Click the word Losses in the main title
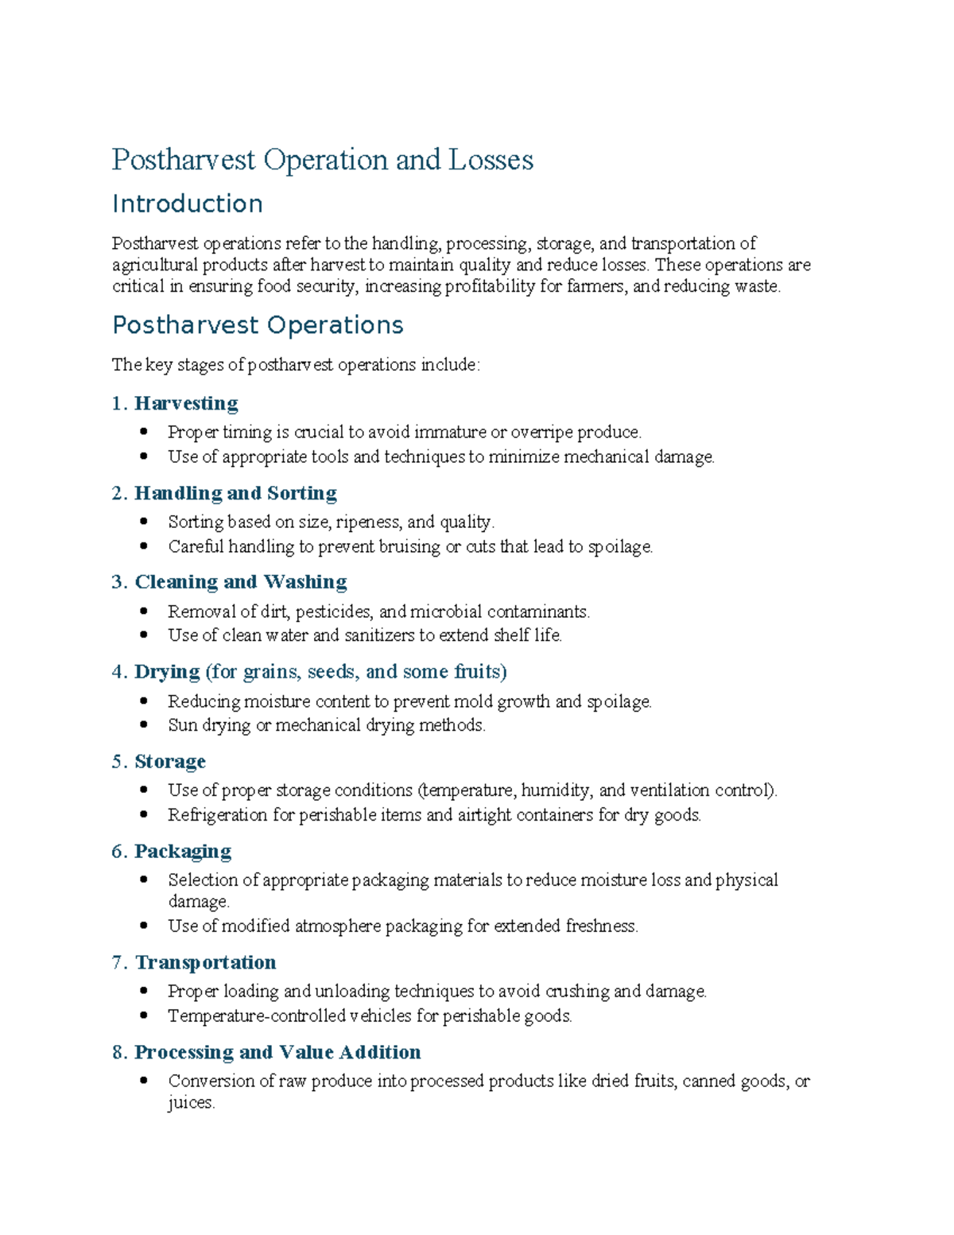point(491,160)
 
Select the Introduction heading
point(187,204)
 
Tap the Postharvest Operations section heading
point(258,325)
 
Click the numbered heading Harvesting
point(186,403)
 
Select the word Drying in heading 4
point(167,672)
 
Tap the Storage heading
point(170,762)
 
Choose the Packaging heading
point(183,852)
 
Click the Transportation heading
point(206,962)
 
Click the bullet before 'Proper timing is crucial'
point(144,432)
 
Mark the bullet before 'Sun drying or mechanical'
point(144,725)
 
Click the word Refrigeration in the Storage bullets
point(217,815)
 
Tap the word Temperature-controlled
point(256,1016)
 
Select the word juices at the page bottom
point(191,1103)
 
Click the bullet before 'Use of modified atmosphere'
point(144,926)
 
